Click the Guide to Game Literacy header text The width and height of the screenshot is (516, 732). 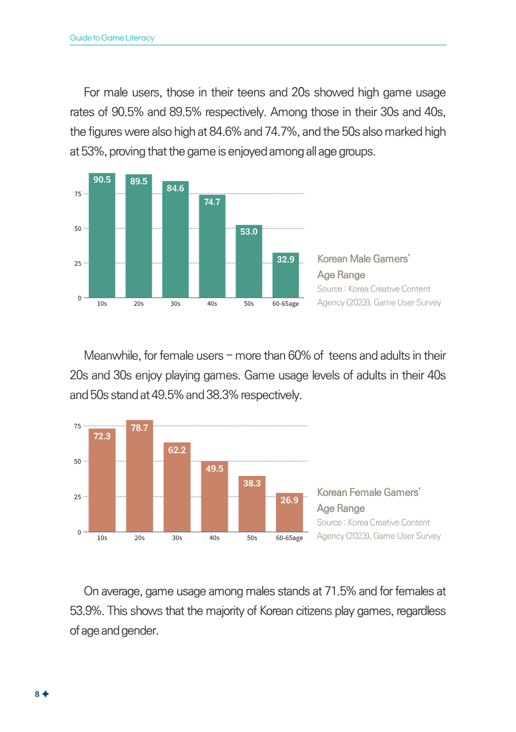coord(112,38)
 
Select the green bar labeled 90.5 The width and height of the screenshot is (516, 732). coord(102,235)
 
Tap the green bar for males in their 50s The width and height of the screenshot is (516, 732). coord(249,261)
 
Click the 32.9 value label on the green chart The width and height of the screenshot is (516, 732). coord(285,259)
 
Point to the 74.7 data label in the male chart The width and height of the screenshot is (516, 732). coord(212,202)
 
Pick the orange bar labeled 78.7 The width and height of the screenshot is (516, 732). coord(139,476)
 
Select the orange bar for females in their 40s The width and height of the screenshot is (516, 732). coord(214,496)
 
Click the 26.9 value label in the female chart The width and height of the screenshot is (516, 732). coord(289,500)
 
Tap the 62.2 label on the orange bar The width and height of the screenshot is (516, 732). coord(177,450)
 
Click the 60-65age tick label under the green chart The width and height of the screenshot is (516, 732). coord(285,304)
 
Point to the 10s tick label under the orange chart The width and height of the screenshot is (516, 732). coord(102,538)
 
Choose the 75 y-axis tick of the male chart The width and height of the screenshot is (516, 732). coord(77,193)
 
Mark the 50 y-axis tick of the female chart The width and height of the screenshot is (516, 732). coord(77,461)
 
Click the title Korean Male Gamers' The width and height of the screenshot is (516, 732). coord(363,259)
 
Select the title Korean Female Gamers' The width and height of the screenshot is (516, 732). coord(368,493)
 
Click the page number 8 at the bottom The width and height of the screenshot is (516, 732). coord(37,694)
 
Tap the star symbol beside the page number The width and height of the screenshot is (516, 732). coord(45,694)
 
